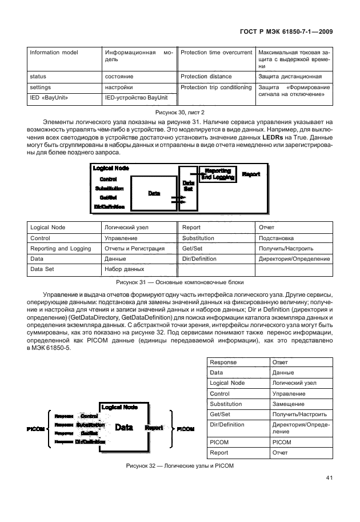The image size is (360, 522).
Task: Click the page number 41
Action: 329,478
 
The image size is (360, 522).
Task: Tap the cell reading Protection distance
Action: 206,76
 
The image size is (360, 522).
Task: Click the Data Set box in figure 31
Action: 188,186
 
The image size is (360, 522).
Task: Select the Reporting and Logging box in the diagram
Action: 217,174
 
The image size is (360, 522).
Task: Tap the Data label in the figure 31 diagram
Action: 154,193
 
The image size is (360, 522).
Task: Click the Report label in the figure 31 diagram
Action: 251,173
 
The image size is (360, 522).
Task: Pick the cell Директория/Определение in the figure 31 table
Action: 294,258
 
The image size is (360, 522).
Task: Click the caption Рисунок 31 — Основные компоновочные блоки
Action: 180,282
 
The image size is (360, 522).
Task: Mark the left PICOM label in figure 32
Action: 36,428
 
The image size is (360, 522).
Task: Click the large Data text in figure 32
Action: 125,427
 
